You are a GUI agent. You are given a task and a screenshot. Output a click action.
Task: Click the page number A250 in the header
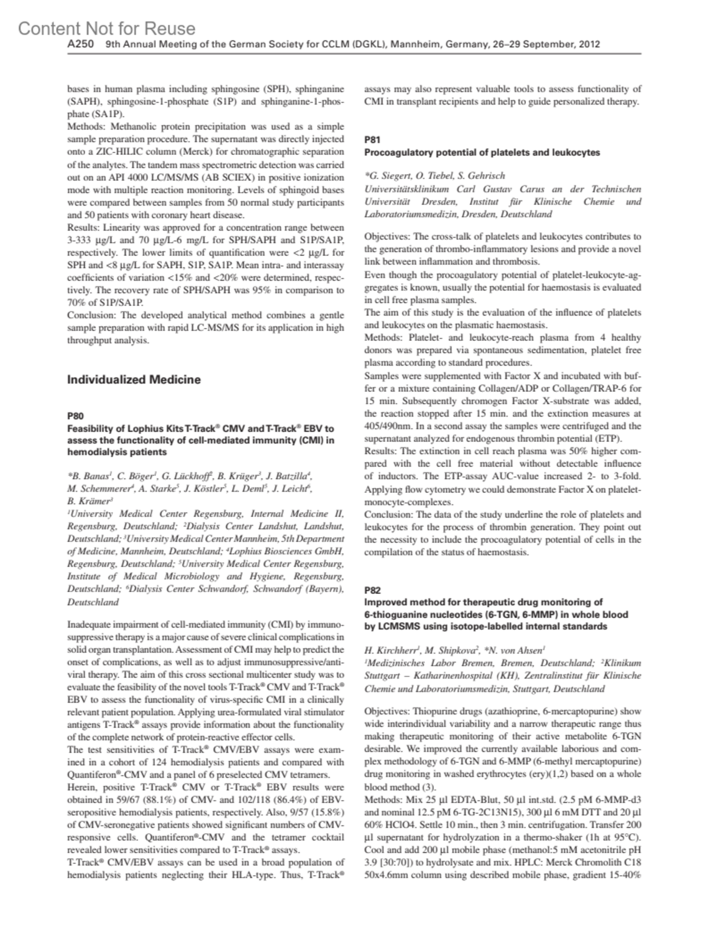[80, 44]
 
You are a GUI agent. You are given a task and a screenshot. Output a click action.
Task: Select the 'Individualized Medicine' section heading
[134, 379]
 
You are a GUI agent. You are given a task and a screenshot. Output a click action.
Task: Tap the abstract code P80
[76, 416]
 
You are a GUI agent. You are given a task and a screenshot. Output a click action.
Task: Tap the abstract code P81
[373, 140]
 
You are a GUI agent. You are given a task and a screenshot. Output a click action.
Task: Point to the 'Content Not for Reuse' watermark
[106, 28]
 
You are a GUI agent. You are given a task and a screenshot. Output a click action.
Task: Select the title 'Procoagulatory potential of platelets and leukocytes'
[482, 152]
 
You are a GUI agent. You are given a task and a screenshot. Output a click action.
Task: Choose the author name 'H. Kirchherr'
[392, 651]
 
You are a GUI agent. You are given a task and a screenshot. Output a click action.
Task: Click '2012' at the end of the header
[590, 44]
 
